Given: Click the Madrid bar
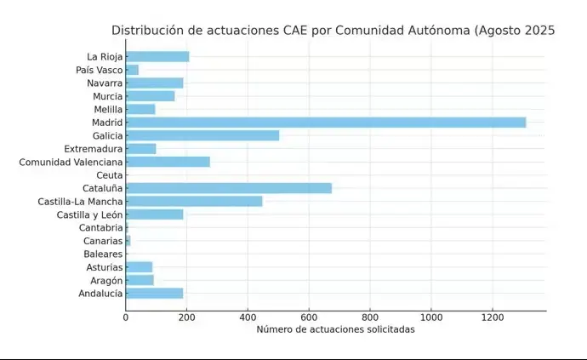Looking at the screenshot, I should pyautogui.click(x=326, y=123).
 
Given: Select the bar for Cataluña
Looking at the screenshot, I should pyautogui.click(x=229, y=188).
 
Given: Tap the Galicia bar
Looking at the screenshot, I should pyautogui.click(x=202, y=135).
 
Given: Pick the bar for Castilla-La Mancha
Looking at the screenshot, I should pyautogui.click(x=194, y=202).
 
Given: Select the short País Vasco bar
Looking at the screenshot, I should pyautogui.click(x=132, y=70).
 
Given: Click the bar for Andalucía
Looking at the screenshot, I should pyautogui.click(x=154, y=294).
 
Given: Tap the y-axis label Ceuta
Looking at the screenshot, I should pyautogui.click(x=110, y=175).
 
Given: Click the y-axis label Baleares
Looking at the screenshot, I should pyautogui.click(x=103, y=254).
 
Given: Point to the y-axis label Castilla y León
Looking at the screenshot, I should pyautogui.click(x=90, y=214).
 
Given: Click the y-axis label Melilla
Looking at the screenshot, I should pyautogui.click(x=107, y=109).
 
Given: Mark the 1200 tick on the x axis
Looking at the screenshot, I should pyautogui.click(x=493, y=317).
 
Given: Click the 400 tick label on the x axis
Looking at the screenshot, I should pyautogui.click(x=248, y=317).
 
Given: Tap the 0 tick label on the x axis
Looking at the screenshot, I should pyautogui.click(x=126, y=317).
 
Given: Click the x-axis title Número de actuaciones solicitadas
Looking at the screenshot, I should pyautogui.click(x=335, y=329).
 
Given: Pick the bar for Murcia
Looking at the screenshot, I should pyautogui.click(x=151, y=96).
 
